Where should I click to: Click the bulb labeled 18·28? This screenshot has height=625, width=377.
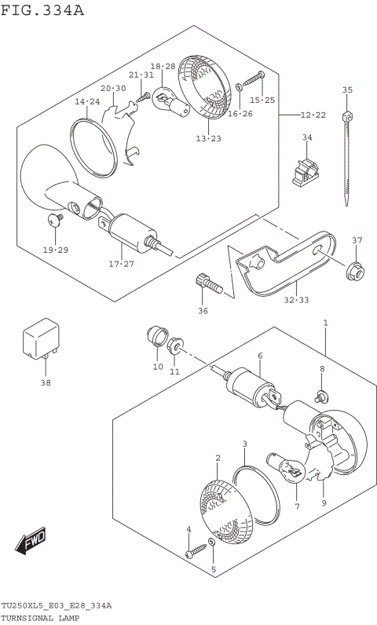click(171, 101)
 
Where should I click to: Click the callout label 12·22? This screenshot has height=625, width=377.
click(312, 115)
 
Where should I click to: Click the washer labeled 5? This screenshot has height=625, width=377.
click(213, 543)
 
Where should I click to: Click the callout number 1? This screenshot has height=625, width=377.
click(325, 323)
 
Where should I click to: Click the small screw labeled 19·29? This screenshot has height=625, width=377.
click(55, 220)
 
